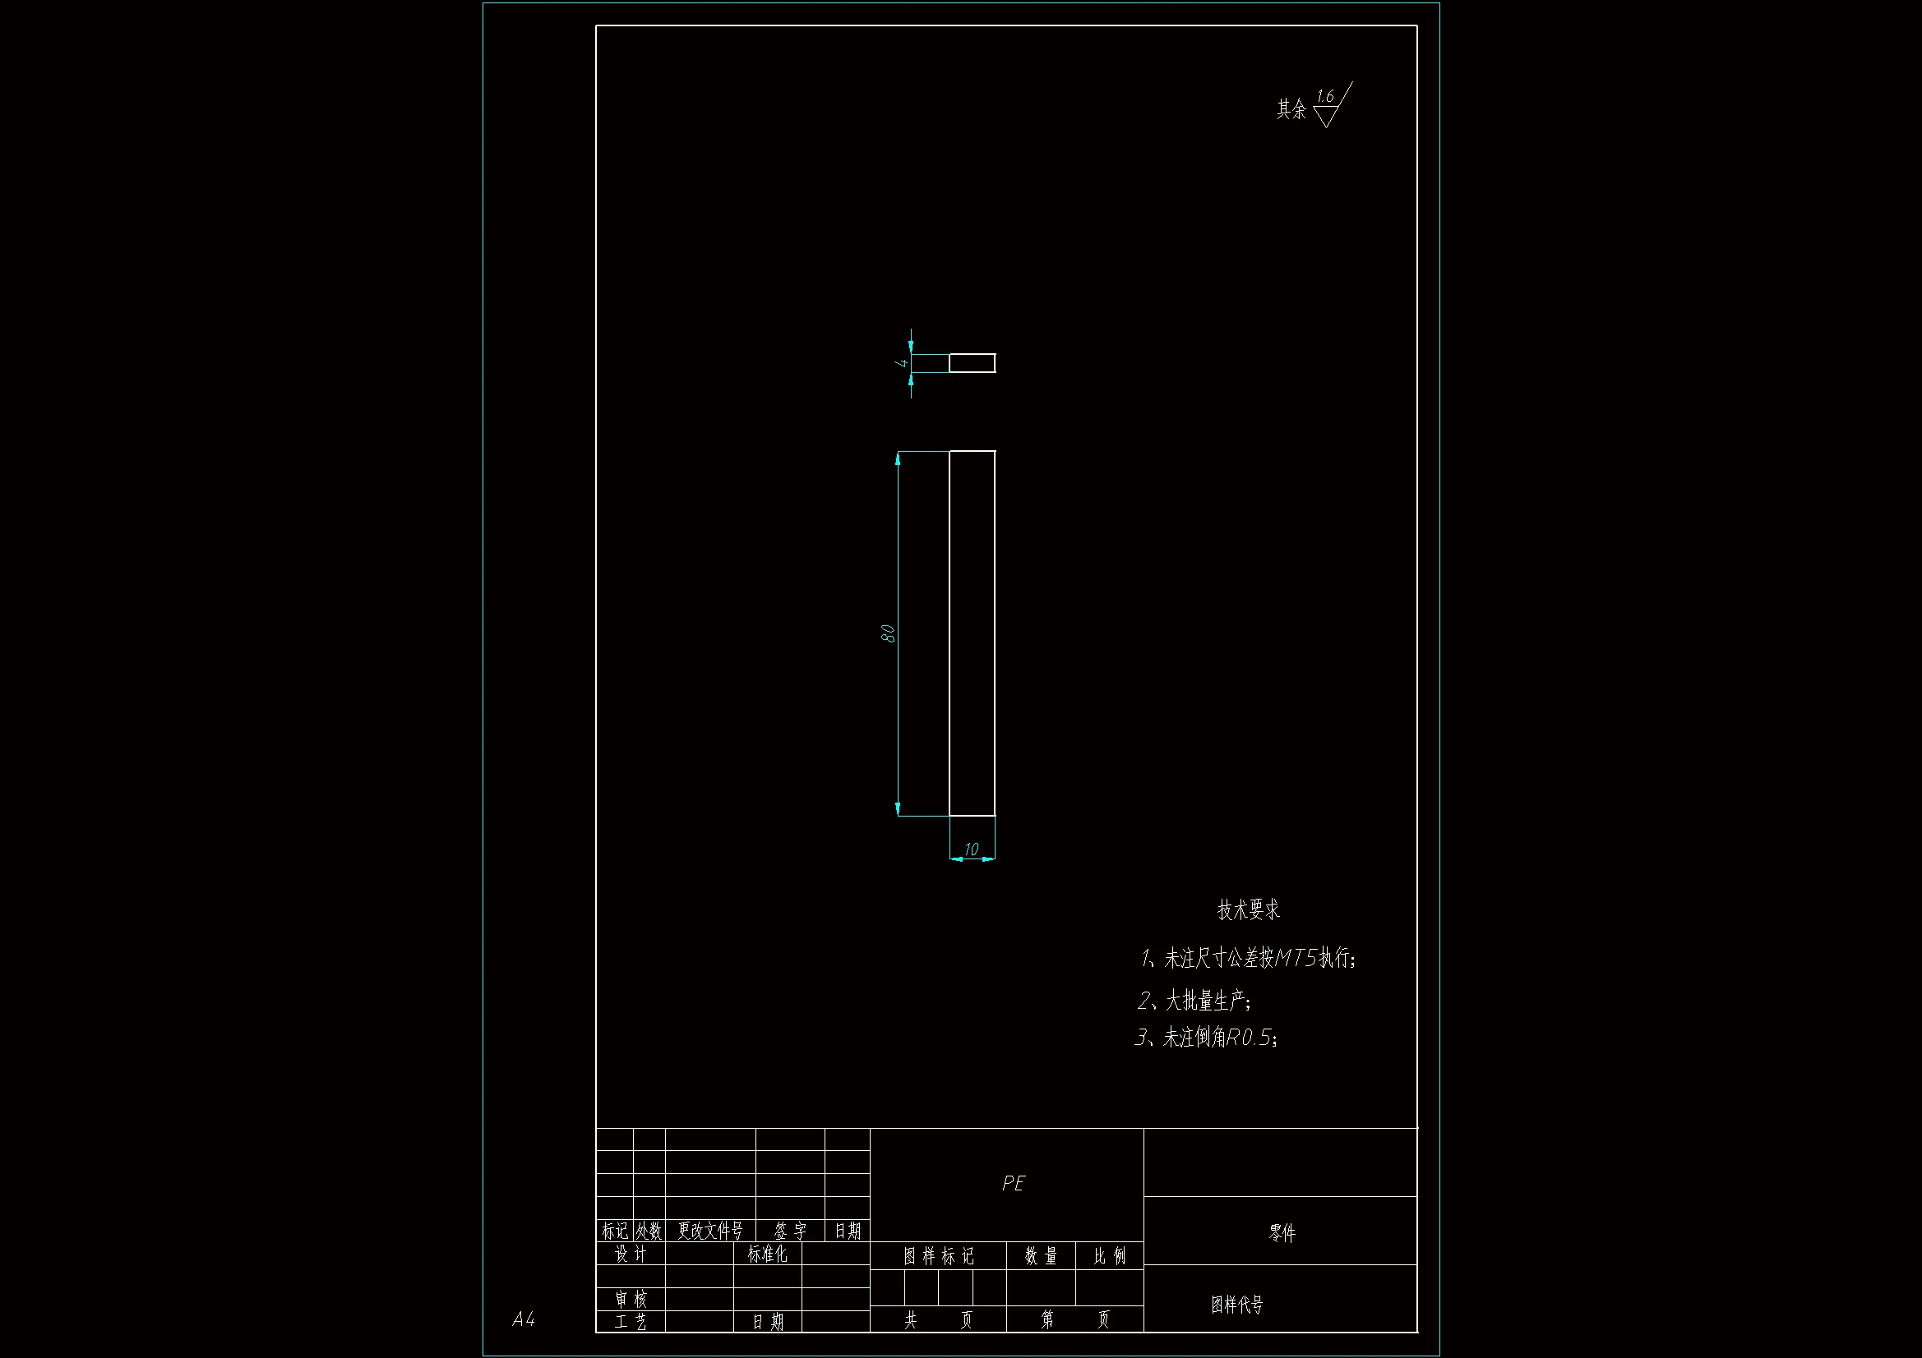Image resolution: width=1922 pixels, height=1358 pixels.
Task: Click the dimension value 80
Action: (888, 633)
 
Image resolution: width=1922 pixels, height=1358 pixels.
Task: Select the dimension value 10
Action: (971, 849)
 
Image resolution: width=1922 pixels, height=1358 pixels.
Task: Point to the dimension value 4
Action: (902, 362)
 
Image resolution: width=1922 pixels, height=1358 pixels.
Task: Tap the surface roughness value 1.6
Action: (1324, 97)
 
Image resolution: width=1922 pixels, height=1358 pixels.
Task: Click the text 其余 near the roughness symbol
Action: (1291, 109)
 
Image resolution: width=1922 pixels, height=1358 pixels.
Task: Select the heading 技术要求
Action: (1248, 910)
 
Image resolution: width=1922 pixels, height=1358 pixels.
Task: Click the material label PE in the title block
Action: (1013, 1183)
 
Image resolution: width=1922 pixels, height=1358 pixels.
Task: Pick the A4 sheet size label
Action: (523, 1319)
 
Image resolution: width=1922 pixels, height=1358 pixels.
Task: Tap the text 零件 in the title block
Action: (1282, 1232)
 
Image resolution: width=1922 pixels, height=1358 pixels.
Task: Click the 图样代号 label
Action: (1236, 1305)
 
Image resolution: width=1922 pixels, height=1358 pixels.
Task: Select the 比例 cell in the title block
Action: (1109, 1256)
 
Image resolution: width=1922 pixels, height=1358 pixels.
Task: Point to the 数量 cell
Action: (1041, 1256)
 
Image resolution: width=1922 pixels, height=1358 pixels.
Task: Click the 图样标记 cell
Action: (939, 1256)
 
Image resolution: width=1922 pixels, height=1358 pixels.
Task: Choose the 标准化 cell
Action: (767, 1254)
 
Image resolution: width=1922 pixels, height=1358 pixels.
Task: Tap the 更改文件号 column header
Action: (710, 1231)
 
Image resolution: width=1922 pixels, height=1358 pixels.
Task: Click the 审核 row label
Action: (631, 1300)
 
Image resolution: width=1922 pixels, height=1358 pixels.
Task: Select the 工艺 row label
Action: (631, 1322)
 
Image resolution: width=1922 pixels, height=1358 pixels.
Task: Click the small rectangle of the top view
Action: (972, 363)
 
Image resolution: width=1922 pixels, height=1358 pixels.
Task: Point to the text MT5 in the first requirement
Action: (1296, 958)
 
